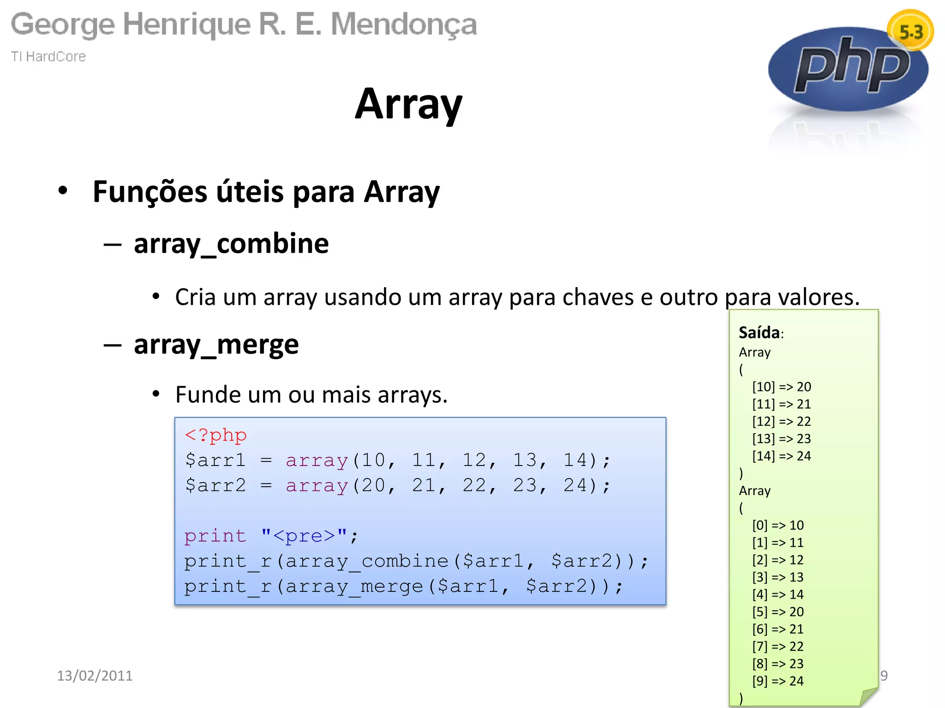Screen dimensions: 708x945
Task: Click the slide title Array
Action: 408,105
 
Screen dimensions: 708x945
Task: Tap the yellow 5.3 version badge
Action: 910,31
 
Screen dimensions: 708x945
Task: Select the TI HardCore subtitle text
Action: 48,56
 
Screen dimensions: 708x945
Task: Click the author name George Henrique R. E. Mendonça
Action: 244,24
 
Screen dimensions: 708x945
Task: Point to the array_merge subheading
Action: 216,344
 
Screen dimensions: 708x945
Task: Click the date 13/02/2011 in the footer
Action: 95,675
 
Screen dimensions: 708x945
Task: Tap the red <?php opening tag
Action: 215,435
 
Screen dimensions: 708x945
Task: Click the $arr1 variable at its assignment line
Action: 215,460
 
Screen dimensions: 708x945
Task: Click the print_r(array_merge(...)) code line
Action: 404,586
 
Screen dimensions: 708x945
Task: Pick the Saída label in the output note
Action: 759,332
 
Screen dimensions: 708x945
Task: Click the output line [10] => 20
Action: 781,387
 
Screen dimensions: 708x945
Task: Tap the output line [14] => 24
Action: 781,456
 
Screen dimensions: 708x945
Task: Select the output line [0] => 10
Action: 778,525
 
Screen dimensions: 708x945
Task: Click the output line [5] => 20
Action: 778,612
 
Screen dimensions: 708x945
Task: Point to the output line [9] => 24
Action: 778,681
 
